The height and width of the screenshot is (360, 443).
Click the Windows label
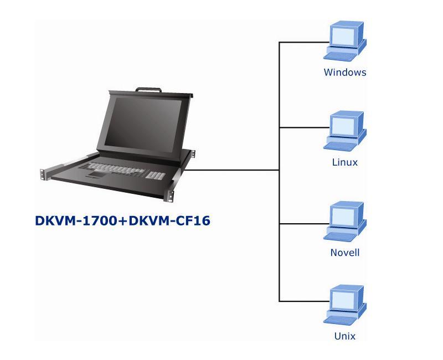[344, 73]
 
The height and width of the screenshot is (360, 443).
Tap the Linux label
[344, 162]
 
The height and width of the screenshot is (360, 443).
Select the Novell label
[344, 253]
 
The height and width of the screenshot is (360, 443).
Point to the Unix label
[344, 336]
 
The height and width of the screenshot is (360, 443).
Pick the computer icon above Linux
[345, 131]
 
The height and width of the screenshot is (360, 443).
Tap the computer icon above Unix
[345, 305]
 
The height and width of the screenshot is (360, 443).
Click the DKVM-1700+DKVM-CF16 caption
[122, 220]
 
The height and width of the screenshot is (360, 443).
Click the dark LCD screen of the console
[143, 124]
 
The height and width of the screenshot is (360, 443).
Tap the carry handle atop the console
[148, 90]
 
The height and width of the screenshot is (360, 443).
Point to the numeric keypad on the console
[156, 175]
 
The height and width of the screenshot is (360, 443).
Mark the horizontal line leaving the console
[231, 170]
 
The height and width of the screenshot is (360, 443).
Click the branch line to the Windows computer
[304, 43]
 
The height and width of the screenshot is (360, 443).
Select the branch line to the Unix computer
[304, 301]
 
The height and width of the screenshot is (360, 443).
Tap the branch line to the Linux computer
[304, 127]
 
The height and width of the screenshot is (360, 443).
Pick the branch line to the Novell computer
[304, 224]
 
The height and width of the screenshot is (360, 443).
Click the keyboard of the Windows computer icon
[340, 56]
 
